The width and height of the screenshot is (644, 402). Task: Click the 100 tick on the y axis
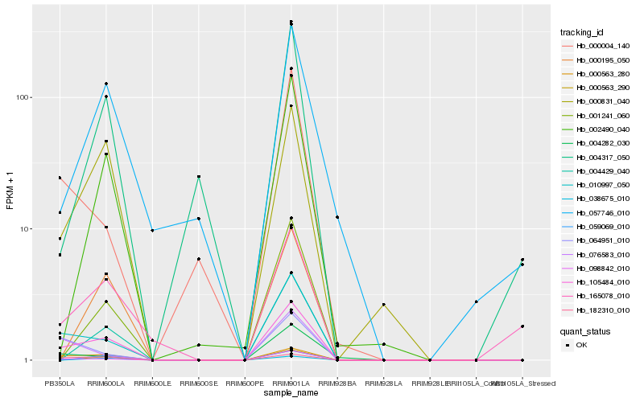pyautogui.click(x=22, y=97)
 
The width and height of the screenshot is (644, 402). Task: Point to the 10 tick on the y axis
pyautogui.click(x=24, y=229)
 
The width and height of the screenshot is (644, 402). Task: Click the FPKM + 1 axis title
pyautogui.click(x=10, y=192)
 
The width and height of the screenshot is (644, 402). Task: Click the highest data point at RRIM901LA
pyautogui.click(x=291, y=22)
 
